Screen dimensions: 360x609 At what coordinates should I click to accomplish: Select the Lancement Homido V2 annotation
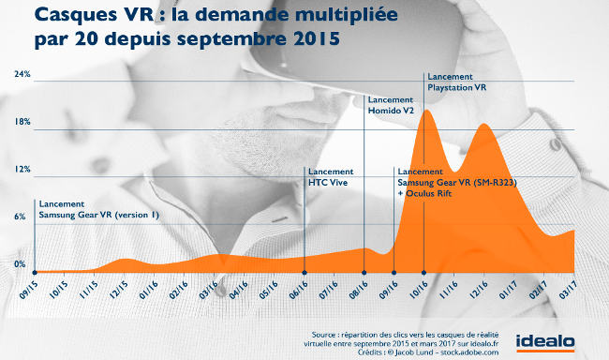[393, 105]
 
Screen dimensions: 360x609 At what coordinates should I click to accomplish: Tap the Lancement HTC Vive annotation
[330, 176]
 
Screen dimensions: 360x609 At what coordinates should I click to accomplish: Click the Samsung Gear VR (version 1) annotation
[99, 215]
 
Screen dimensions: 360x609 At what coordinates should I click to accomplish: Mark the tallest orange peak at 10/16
[426, 111]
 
